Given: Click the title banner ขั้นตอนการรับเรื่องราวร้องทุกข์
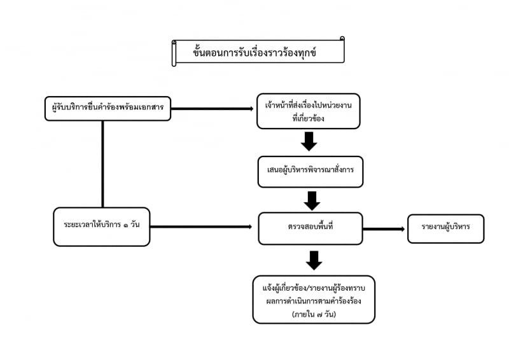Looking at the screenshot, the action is (258, 52).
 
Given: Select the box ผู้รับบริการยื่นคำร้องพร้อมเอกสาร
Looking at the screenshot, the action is (108, 108).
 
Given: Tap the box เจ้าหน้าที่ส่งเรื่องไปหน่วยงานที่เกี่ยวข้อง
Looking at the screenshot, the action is (309, 111).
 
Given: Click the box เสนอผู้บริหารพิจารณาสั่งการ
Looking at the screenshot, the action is (310, 172).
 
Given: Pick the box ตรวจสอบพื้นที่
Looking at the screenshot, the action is (310, 228).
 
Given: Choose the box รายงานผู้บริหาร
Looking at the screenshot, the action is (446, 228).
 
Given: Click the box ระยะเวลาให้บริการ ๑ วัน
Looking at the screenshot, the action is (102, 226).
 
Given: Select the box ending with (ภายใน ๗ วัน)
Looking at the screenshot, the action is (314, 300).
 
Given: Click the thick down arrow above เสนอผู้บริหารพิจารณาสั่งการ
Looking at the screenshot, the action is (309, 141).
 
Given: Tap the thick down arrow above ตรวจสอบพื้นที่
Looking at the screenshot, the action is (312, 201).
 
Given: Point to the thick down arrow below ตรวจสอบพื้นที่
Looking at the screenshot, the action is (314, 260).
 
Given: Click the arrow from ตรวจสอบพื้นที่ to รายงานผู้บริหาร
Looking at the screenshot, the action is (384, 229).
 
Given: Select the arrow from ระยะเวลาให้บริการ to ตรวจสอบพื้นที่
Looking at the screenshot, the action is (201, 226).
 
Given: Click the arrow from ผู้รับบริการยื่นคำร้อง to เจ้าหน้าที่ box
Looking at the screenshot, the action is (213, 109).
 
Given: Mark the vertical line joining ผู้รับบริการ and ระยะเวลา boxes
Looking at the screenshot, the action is (102, 164).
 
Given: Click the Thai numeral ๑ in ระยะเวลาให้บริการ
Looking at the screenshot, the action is (125, 225).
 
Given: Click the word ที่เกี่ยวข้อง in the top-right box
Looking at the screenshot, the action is (308, 118).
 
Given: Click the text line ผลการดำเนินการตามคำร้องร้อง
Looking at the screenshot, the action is (314, 301).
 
